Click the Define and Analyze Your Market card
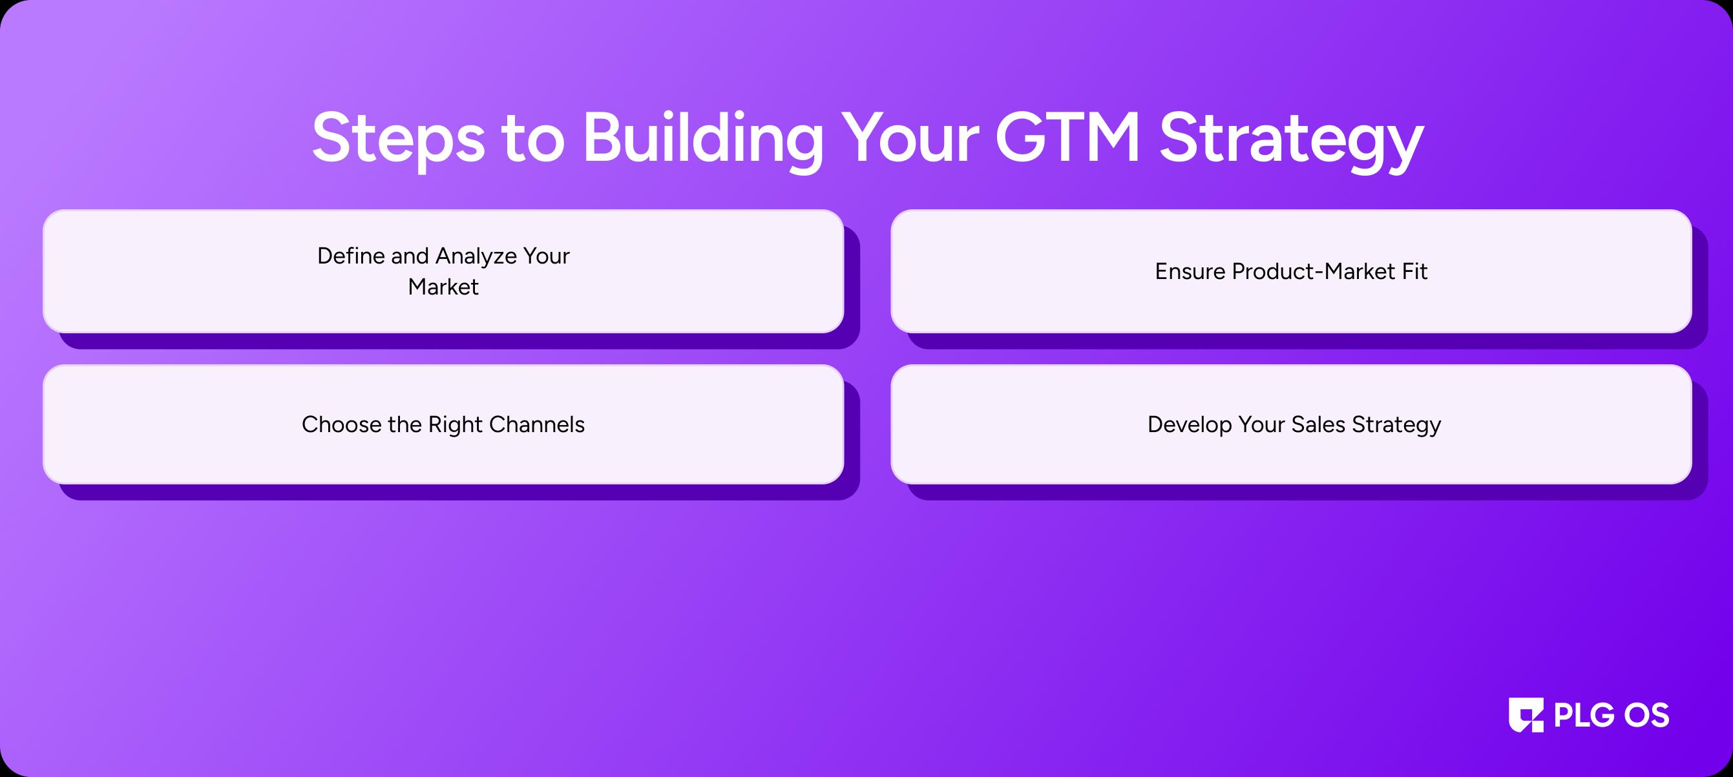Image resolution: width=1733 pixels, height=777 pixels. click(443, 271)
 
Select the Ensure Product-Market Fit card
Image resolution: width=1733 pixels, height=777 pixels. click(1291, 271)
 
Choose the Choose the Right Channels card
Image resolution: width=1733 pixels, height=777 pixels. click(443, 424)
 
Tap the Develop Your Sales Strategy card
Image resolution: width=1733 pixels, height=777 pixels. click(1291, 424)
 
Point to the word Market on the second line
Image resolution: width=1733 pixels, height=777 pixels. click(443, 287)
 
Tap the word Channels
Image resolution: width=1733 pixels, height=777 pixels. click(537, 424)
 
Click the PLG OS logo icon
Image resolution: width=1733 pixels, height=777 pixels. click(1526, 714)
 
